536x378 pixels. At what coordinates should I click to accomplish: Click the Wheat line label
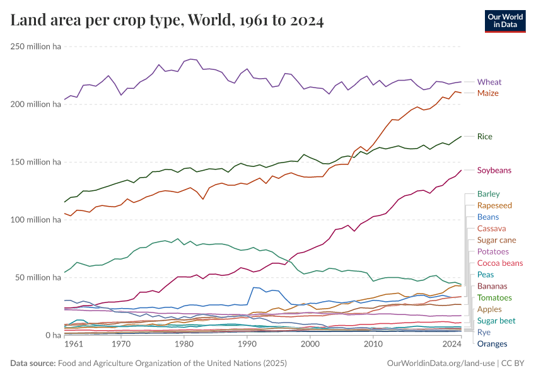tap(489, 82)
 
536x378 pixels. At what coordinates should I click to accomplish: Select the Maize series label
tap(488, 93)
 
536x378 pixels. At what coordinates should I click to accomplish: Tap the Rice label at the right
tap(485, 137)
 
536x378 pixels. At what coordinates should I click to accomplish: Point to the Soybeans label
tap(494, 171)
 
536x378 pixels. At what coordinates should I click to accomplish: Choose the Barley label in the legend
tap(489, 194)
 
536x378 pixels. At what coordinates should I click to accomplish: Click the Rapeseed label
tap(494, 205)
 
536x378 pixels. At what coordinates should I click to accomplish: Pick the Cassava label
tap(492, 229)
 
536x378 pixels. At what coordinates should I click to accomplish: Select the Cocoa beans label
tap(500, 263)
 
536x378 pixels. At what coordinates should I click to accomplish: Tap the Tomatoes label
tap(494, 298)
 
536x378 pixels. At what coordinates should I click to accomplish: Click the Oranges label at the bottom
tap(492, 344)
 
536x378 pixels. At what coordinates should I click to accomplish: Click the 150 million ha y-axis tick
tap(35, 162)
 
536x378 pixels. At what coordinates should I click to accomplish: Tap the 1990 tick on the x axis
tap(247, 345)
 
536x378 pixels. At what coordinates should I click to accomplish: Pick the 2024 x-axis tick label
tap(452, 345)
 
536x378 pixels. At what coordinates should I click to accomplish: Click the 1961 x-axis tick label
tap(74, 345)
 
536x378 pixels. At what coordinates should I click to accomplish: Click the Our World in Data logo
tap(502, 21)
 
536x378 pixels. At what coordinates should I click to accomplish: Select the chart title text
tap(167, 21)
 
